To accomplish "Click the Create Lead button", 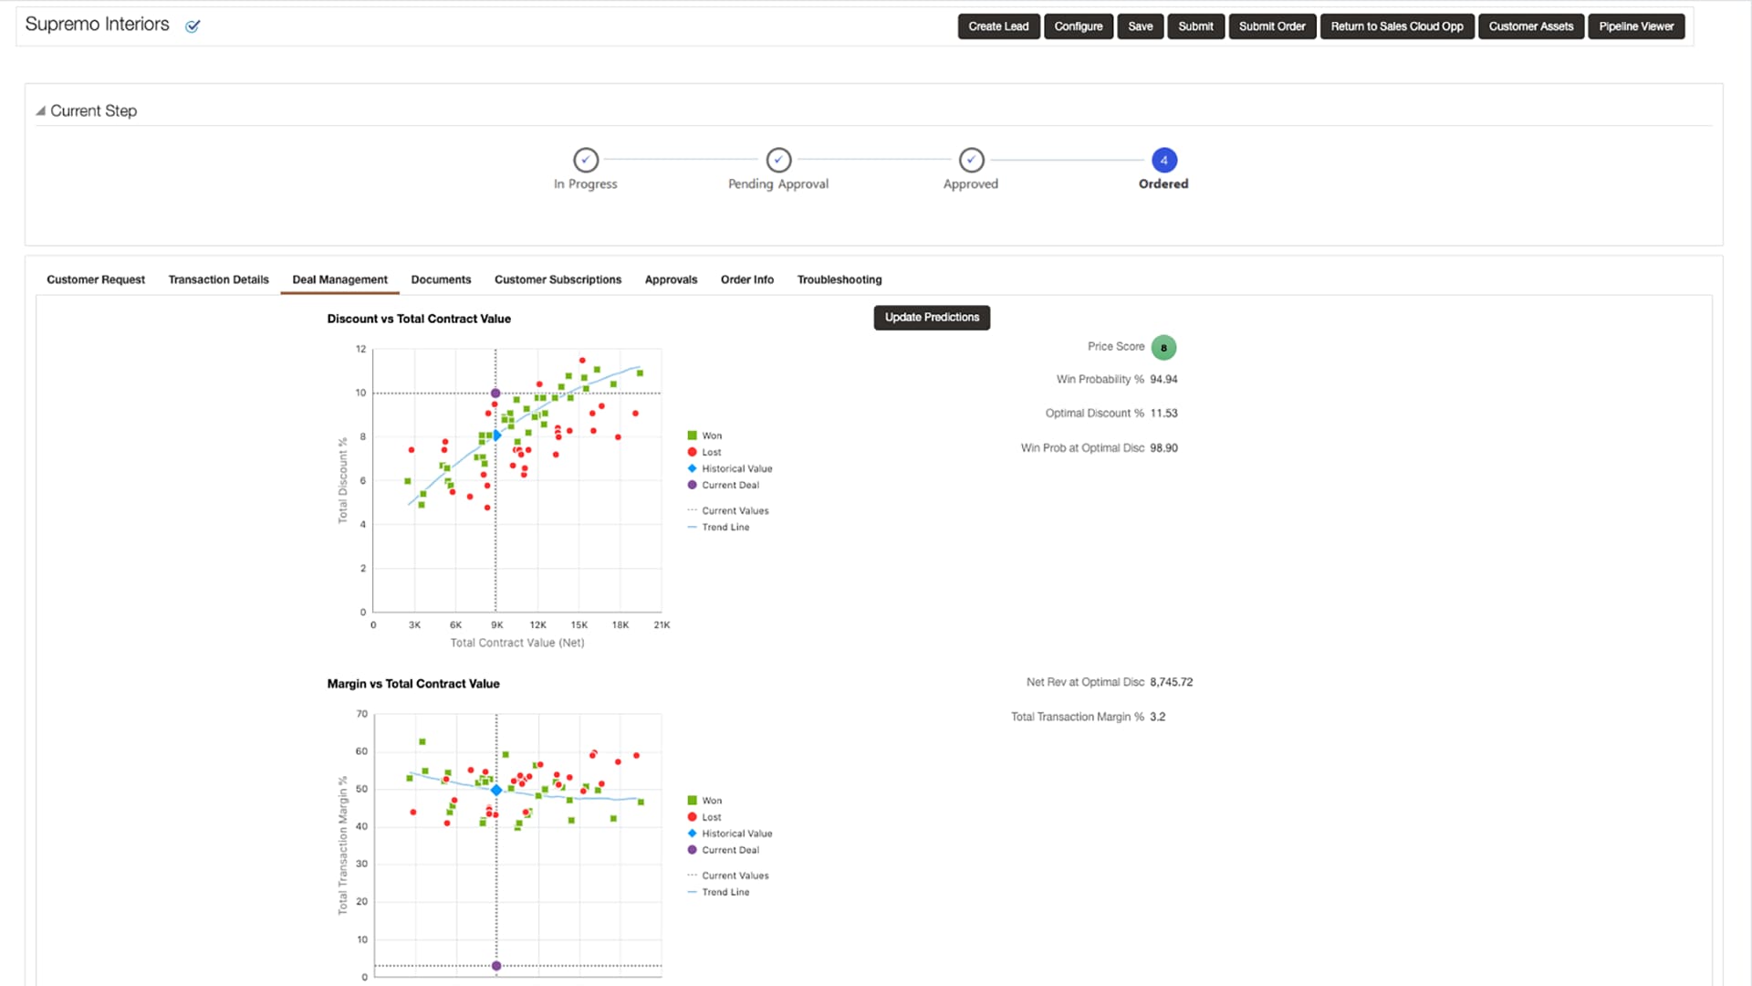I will coord(998,26).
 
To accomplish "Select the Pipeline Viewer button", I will coord(1636,26).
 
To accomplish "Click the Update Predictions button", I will coord(932,318).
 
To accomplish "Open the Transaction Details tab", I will coord(218,279).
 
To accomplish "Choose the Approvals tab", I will coord(671,279).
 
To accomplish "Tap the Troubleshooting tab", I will coord(839,279).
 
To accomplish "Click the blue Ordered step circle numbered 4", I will coord(1163,160).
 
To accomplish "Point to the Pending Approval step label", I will coord(778,184).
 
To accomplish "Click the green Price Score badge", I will coord(1163,348).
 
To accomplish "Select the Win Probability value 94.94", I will coord(1163,380).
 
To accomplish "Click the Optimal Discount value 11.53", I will coord(1163,414).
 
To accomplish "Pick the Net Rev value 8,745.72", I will coord(1171,682).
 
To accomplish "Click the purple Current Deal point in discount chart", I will coord(495,393).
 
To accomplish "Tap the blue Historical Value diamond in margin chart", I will coord(496,790).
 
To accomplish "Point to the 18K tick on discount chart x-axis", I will coord(620,625).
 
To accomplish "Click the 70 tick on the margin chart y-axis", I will coord(362,714).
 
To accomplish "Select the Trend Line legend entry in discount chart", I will coord(725,528).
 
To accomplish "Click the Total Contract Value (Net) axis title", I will coord(517,643).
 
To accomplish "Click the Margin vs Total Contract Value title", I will coord(413,684).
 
